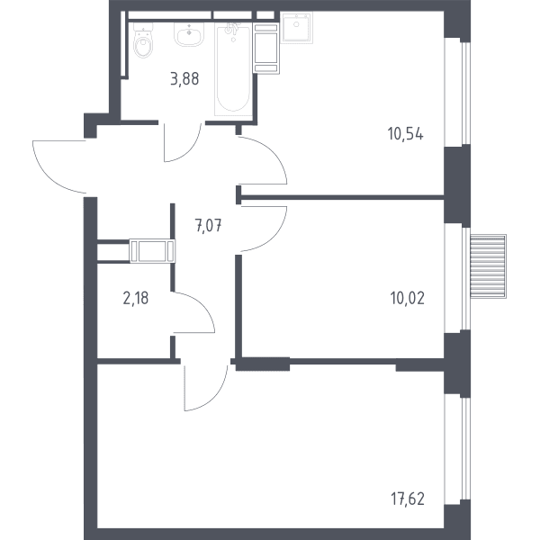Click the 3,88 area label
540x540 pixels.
coord(184,79)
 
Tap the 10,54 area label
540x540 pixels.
coord(405,133)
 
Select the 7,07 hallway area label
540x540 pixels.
coord(209,226)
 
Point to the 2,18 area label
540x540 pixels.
coord(136,298)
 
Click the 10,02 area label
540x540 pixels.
coord(408,298)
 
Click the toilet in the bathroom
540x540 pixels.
coord(143,40)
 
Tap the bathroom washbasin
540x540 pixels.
coord(189,34)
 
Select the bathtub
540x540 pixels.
coord(233,69)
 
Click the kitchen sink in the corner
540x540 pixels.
coord(296,28)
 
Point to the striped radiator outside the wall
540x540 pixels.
coord(489,266)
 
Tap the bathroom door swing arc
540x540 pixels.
coord(189,151)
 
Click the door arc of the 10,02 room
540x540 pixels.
coord(274,238)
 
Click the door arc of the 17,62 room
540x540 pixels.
coord(215,399)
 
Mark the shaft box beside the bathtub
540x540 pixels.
coord(265,48)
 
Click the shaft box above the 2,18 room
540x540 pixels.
coord(152,251)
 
